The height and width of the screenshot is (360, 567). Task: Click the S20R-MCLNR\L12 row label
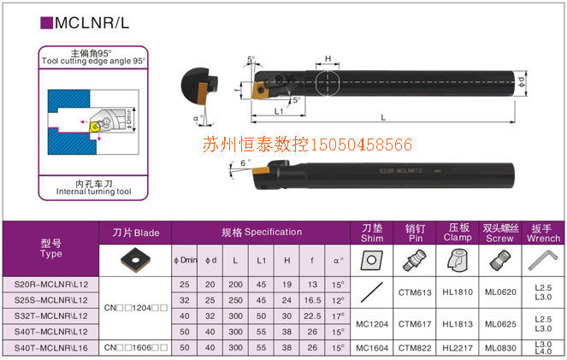tap(50, 284)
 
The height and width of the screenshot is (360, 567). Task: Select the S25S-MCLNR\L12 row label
tap(50, 300)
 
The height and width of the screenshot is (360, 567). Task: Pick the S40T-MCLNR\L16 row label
tap(50, 348)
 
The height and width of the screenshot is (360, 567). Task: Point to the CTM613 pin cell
tap(415, 292)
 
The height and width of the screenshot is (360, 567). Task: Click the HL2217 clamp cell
tap(458, 348)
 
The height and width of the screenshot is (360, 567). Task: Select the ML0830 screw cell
tap(501, 348)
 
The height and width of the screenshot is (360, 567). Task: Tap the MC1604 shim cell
tap(373, 348)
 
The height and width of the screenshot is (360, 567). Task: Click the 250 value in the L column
tap(235, 300)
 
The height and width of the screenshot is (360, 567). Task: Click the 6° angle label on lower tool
tap(245, 162)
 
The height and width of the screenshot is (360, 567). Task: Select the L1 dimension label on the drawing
tap(279, 112)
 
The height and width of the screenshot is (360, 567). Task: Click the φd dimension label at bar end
tap(522, 81)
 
